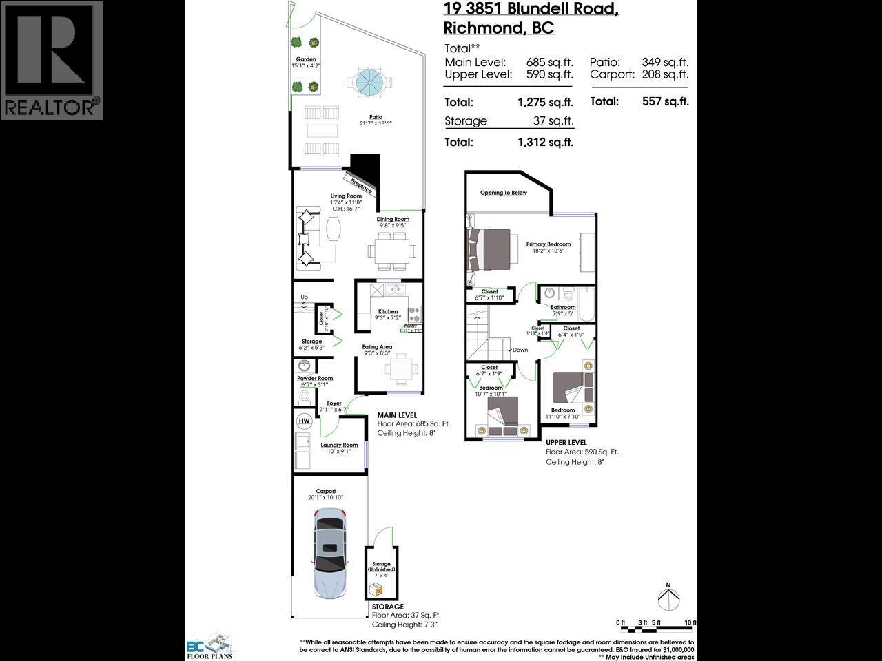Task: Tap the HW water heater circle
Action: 303,421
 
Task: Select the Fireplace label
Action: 361,185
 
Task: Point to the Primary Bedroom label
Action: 548,244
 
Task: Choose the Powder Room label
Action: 315,378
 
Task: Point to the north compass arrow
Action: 667,596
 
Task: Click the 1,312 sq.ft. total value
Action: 545,143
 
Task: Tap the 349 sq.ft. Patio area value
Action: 665,62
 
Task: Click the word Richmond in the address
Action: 478,28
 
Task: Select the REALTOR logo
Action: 52,61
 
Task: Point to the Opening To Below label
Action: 504,193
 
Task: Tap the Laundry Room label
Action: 339,445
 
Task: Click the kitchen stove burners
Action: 415,314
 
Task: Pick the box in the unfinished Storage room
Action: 376,589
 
